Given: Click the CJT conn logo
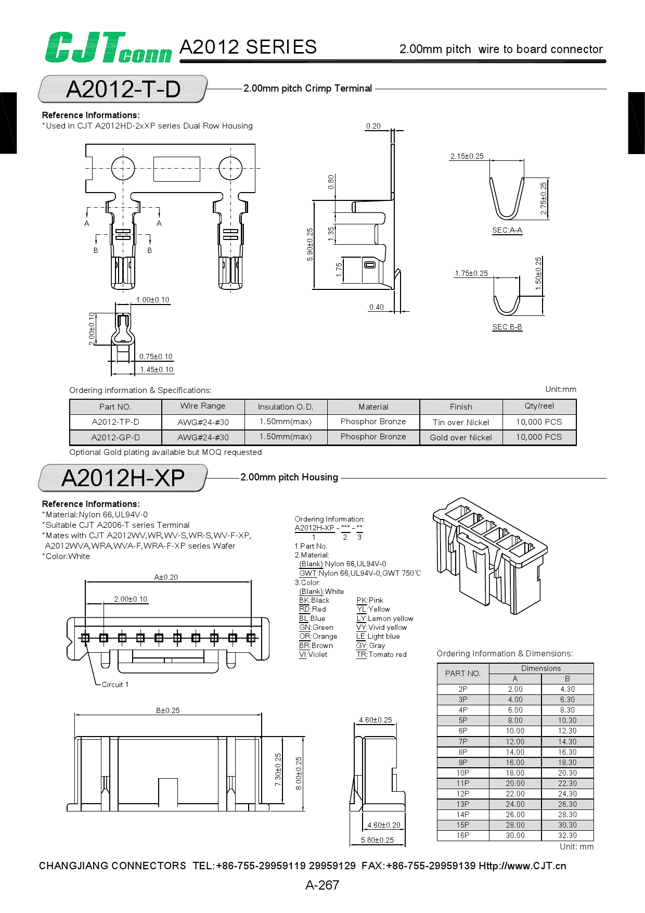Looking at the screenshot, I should coord(108,48).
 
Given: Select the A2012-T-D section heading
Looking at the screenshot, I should coord(123,89).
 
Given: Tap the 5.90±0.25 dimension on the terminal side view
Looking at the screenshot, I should coord(310,245).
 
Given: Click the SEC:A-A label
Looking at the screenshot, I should coord(507,230).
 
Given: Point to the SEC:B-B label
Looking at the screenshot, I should coord(507,327).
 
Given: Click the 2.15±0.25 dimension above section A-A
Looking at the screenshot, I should coord(467,156).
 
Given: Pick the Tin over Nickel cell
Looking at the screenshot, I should coord(461,422).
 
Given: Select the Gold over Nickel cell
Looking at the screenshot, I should coord(461,437).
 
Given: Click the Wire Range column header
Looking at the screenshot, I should coord(203,406).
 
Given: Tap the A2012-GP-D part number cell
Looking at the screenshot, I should coord(115,437).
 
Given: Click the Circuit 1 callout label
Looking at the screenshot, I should coord(115,684).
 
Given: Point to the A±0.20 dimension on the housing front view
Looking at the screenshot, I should coord(166,577).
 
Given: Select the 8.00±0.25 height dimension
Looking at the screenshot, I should coord(299,773).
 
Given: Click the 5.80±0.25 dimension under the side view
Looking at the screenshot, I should coord(377,840).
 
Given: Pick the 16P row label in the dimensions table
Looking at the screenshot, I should coord(463,835).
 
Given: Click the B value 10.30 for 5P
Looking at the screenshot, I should coord(567,720).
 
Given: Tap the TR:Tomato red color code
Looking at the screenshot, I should coord(381,654).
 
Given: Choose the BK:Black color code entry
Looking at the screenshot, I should coord(314,600).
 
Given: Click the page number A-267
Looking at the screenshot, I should coord(322,885).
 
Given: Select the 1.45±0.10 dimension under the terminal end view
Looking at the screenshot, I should coord(157,370).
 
